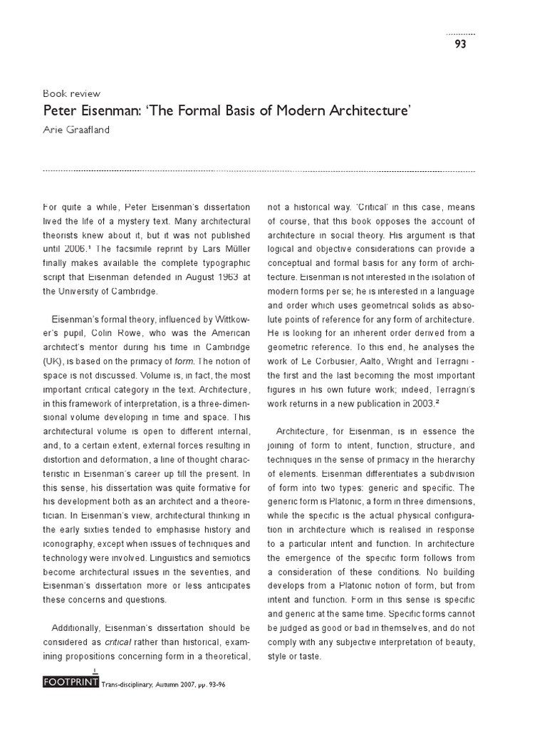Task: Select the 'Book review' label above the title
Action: (x=72, y=93)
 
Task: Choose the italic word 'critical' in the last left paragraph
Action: (x=120, y=641)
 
